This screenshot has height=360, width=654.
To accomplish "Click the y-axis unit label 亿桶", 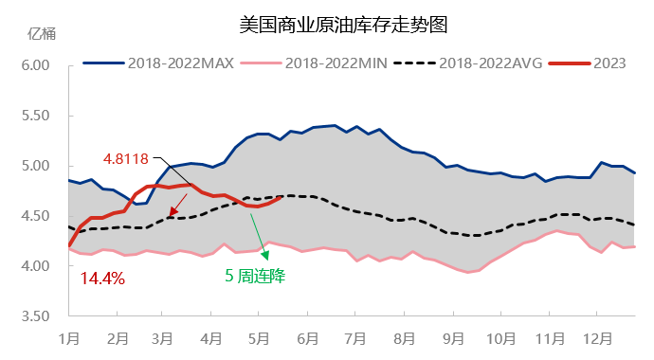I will click(43, 34).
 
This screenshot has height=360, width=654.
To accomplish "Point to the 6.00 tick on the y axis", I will click(34, 65).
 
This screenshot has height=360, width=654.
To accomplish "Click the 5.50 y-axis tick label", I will click(34, 116).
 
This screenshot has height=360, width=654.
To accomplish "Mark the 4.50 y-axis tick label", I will click(34, 216).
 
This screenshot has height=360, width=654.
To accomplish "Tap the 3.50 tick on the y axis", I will click(34, 316).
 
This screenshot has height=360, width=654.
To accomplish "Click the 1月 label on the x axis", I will click(68, 338).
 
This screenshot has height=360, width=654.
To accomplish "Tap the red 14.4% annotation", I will click(102, 279).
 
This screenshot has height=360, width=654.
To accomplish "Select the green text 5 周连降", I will click(254, 278).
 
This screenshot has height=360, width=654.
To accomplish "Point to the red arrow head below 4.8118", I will click(172, 212).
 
